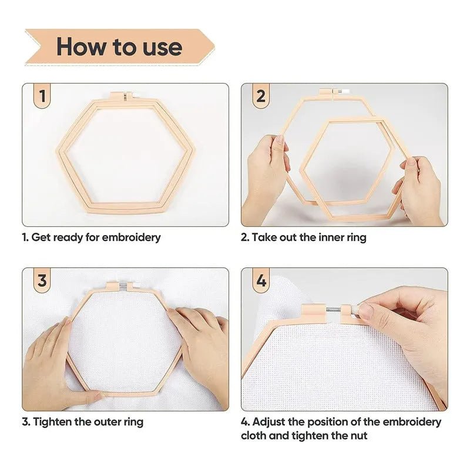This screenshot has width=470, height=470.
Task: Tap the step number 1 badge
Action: pyautogui.click(x=42, y=96)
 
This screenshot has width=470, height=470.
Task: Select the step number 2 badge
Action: pyautogui.click(x=261, y=96)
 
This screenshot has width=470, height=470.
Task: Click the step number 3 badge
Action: pyautogui.click(x=42, y=281)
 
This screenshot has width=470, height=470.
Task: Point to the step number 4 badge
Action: pyautogui.click(x=261, y=281)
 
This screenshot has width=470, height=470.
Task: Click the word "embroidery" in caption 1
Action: pyautogui.click(x=131, y=237)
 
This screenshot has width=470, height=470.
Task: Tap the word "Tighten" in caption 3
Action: pyautogui.click(x=52, y=422)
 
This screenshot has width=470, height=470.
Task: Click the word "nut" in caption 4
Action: pyautogui.click(x=358, y=435)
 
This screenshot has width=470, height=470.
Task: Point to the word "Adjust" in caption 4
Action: pyautogui.click(x=268, y=422)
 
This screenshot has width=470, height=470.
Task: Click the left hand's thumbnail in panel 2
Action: pyautogui.click(x=281, y=139)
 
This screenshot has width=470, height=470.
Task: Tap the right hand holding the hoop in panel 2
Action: pyautogui.click(x=419, y=187)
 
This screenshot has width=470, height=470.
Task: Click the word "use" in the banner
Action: pyautogui.click(x=163, y=48)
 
